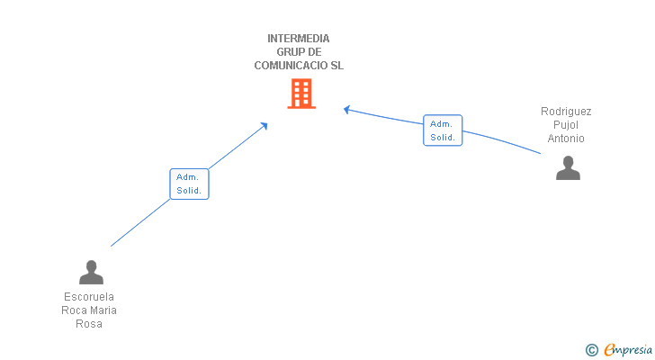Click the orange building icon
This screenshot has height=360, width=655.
(x=301, y=94)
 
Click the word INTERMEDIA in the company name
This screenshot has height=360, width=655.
(x=299, y=39)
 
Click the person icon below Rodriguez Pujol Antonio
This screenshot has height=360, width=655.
(x=568, y=168)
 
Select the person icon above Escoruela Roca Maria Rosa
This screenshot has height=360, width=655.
(x=91, y=272)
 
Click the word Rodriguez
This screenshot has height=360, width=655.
(x=566, y=112)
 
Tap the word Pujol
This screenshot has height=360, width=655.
(x=566, y=125)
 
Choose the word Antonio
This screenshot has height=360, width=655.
(x=566, y=139)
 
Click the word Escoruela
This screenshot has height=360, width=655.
(x=89, y=297)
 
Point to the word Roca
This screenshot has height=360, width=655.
(x=74, y=310)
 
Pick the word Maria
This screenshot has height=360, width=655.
(x=103, y=310)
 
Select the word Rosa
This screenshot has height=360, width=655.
(x=89, y=324)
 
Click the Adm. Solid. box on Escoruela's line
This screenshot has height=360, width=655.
(x=189, y=184)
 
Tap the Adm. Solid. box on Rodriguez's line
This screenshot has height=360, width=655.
(x=443, y=130)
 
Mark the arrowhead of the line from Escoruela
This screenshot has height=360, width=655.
(x=265, y=125)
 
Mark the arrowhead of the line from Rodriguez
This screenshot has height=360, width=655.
(x=346, y=110)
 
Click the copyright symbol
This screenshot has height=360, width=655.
(x=591, y=350)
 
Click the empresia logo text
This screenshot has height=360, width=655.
(x=628, y=350)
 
